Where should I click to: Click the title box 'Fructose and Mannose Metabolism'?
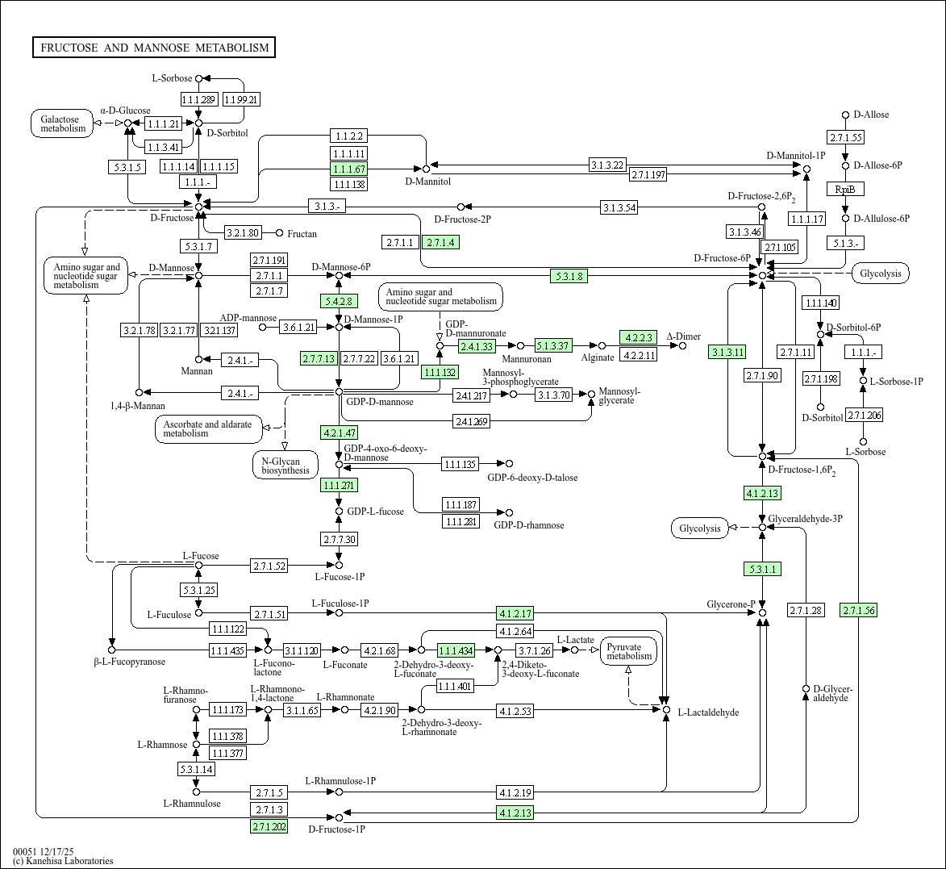pos(154,48)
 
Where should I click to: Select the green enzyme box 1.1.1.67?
pos(348,169)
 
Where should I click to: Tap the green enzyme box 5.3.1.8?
pos(569,276)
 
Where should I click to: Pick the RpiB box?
pos(844,189)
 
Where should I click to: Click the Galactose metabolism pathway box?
pos(63,123)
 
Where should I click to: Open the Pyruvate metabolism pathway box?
pos(629,651)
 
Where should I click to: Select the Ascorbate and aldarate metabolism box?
pos(208,429)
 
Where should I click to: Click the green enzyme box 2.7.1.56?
pos(857,610)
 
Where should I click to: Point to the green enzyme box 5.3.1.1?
pos(762,569)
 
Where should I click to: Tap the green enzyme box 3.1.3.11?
pos(727,352)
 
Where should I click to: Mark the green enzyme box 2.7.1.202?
pos(269,826)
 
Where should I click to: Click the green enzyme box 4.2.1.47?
pos(339,432)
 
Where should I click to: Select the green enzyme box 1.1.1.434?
pos(456,650)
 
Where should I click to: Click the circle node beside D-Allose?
pos(845,115)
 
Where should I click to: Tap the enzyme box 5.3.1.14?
pos(196,769)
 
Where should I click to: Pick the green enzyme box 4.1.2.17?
pos(515,613)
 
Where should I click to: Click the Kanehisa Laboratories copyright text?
pos(63,861)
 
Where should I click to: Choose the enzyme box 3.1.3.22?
pos(607,165)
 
